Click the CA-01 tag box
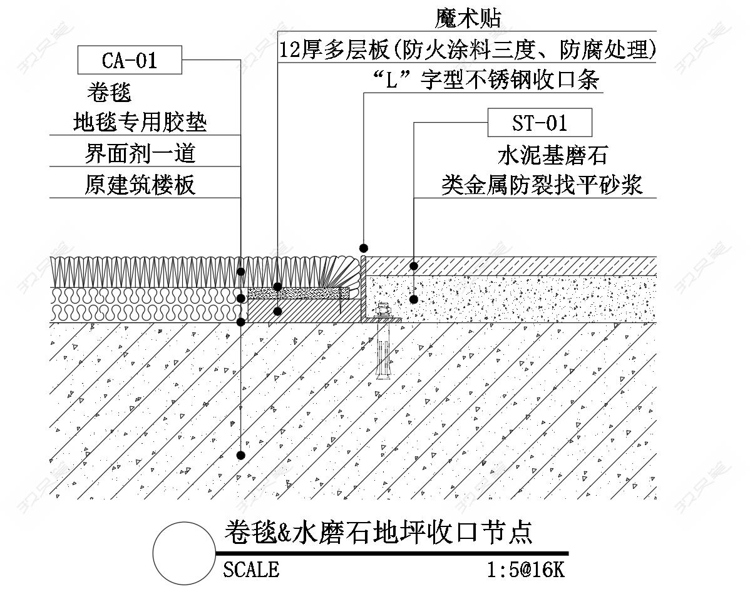coord(130,61)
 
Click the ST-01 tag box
coord(540,123)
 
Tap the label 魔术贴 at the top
coord(468,19)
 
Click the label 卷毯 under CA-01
coord(110,93)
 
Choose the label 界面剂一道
coord(140,153)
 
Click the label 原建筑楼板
coord(140,185)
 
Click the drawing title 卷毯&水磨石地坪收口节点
coord(378,533)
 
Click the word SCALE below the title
coord(251,569)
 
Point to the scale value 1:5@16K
coord(526,570)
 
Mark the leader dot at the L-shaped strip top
coord(363,248)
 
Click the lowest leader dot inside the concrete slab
coord(241,455)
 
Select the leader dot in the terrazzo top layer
coord(414,267)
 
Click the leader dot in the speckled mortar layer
coord(414,299)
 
